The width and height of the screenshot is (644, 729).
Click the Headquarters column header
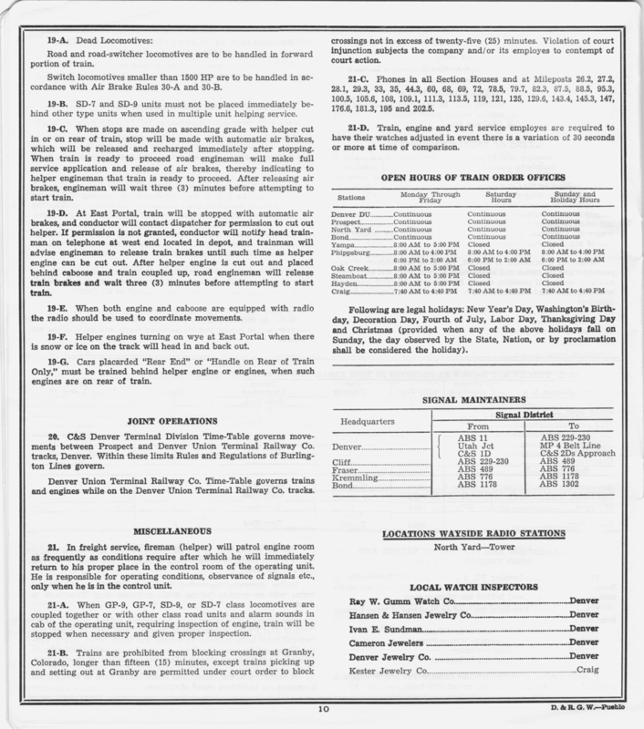pos(372,423)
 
